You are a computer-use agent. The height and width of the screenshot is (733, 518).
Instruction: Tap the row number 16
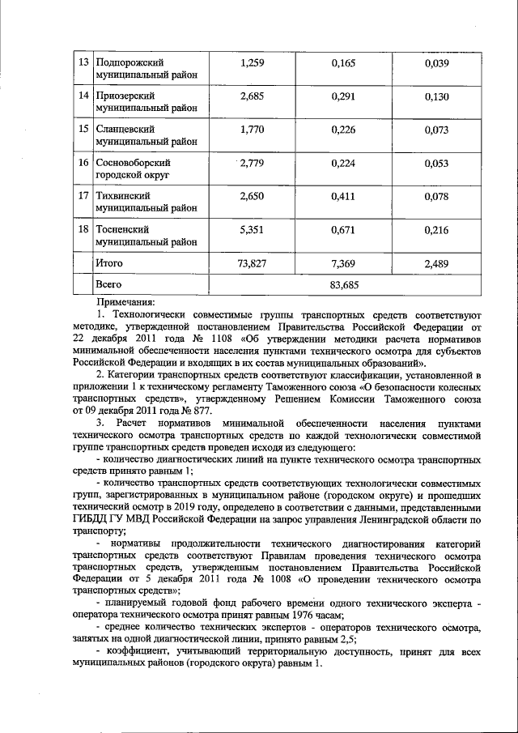coord(82,164)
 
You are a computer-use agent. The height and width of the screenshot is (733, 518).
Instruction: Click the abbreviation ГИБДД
coord(91,518)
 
